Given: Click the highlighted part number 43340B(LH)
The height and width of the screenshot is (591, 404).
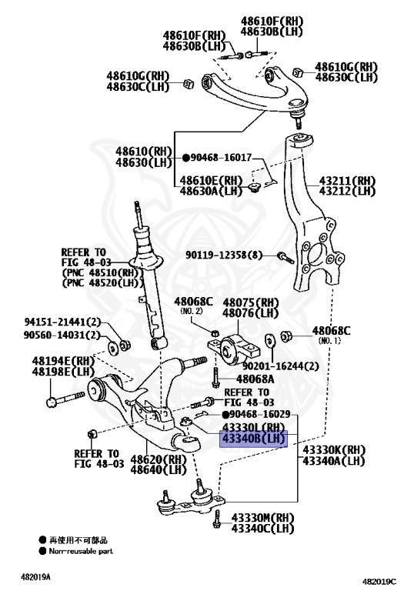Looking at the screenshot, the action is (x=253, y=439).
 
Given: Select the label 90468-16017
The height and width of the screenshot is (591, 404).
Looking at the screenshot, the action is (x=221, y=157).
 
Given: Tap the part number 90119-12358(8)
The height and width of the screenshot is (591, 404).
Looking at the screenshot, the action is (x=224, y=255).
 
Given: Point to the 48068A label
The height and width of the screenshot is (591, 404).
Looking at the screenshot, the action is (x=255, y=379).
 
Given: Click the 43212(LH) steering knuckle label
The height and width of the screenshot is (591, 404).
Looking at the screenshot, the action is (x=348, y=191).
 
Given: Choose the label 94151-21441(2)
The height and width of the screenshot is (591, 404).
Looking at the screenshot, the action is (x=62, y=322).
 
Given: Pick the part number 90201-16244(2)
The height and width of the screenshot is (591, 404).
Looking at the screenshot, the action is (x=280, y=366).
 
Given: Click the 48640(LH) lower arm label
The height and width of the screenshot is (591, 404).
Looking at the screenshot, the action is (x=159, y=469).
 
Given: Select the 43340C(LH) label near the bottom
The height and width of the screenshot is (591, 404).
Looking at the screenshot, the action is (x=262, y=529).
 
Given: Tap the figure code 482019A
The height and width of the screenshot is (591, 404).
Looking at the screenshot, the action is (x=35, y=577).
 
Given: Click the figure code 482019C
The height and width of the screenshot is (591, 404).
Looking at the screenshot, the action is (x=379, y=581).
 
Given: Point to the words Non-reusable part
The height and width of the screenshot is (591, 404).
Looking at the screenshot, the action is (x=81, y=551).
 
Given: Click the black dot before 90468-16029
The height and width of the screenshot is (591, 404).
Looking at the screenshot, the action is (x=225, y=415).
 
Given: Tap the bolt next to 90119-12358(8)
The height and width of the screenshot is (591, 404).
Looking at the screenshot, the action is (x=286, y=258).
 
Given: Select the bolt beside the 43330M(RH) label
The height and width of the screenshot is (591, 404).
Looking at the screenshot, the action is (x=216, y=519).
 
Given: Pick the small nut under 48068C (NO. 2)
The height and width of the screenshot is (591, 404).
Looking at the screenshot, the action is (x=215, y=333).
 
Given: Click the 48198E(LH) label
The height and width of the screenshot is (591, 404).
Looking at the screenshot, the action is (x=63, y=372).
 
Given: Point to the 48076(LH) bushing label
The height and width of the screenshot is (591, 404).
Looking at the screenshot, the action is (x=251, y=313).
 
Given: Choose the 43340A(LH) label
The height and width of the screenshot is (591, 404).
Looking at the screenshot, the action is (x=334, y=461).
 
